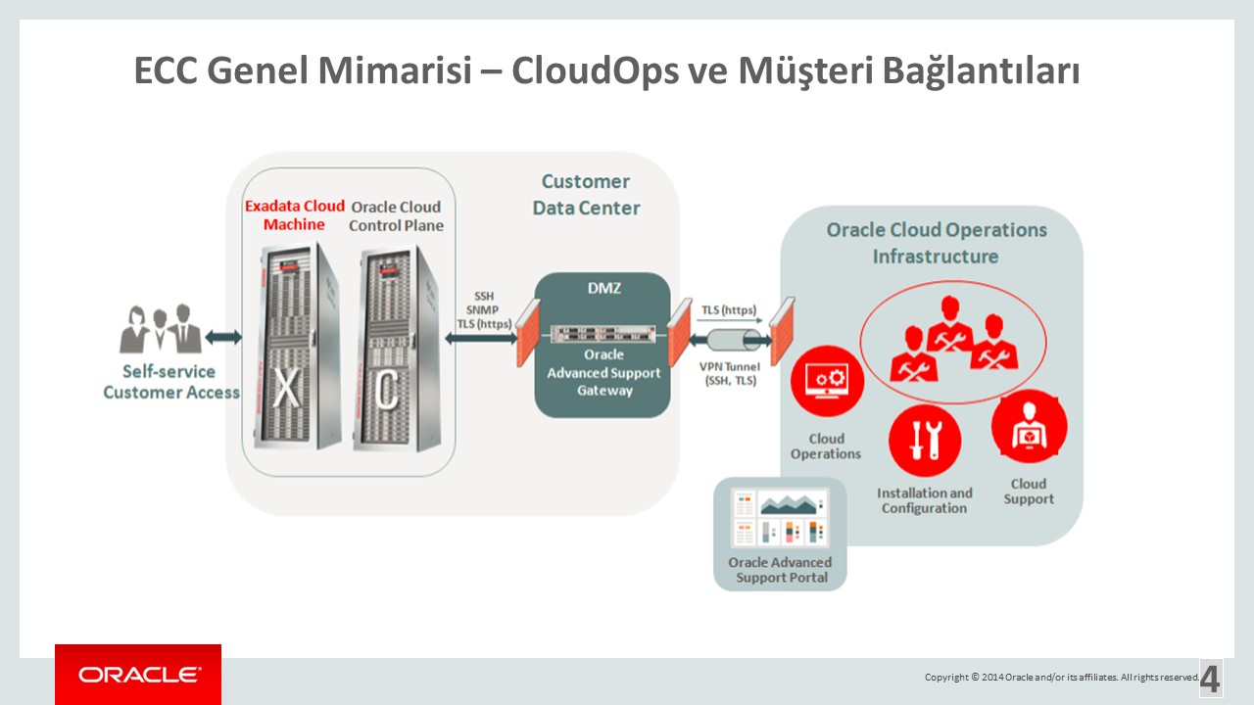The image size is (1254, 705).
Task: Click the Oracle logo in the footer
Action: [x=138, y=675]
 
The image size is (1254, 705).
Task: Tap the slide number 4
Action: [x=1211, y=679]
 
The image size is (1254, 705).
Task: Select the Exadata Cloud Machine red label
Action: [x=294, y=215]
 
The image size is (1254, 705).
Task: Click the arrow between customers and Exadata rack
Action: [x=223, y=337]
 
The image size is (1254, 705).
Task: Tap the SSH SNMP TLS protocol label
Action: [x=484, y=310]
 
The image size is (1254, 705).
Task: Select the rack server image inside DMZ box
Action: [x=602, y=334]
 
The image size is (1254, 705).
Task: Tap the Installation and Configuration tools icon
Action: [x=924, y=441]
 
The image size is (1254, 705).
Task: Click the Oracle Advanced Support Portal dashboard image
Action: [x=780, y=518]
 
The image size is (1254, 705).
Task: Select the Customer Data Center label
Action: [x=586, y=195]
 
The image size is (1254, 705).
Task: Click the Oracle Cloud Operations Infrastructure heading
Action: [x=936, y=243]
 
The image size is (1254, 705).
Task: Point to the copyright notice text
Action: [x=1061, y=677]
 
